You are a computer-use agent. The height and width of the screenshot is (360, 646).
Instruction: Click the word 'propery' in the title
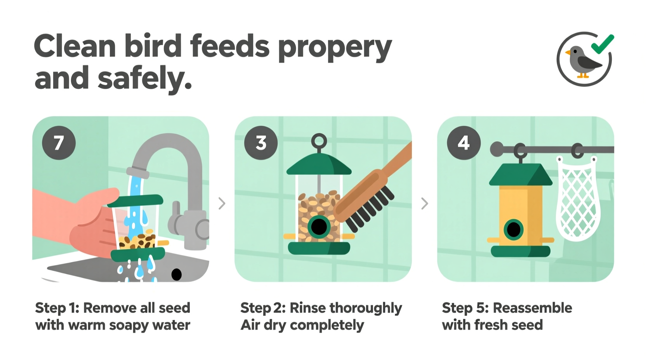tap(335, 48)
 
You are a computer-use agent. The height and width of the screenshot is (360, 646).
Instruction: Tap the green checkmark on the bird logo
tap(603, 44)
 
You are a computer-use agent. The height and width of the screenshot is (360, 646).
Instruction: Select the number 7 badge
tap(59, 143)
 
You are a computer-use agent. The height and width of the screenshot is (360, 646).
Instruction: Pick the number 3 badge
tap(261, 143)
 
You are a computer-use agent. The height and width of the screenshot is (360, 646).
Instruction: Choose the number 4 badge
tap(464, 143)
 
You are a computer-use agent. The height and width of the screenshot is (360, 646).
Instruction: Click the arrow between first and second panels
tap(222, 203)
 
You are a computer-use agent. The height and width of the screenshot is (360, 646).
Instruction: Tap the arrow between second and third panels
tap(424, 203)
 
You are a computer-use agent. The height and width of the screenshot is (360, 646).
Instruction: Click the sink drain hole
tap(176, 274)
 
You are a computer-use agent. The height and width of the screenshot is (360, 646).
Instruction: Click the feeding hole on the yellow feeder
tap(514, 230)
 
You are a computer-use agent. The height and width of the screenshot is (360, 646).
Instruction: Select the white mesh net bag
tap(578, 202)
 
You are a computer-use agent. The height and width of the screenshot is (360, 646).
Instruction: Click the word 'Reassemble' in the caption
tap(532, 308)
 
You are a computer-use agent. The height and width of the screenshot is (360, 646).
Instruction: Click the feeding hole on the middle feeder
tap(319, 227)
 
